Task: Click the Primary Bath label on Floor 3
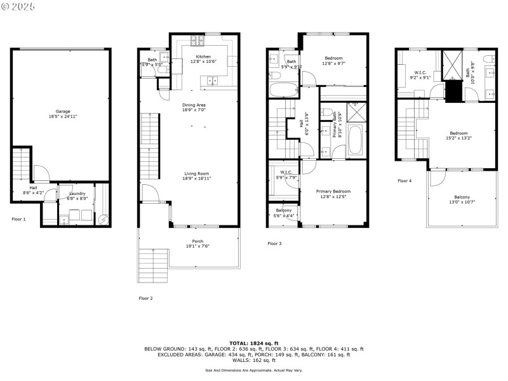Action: tap(334, 124)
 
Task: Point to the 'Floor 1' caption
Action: tap(19, 219)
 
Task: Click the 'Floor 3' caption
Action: tap(274, 244)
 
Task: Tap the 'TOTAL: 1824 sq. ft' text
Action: tap(254, 343)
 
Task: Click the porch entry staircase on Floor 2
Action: tap(154, 265)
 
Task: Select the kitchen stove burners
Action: tap(197, 41)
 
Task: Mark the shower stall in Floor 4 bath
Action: tap(453, 64)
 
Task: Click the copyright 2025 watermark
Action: tap(19, 6)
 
